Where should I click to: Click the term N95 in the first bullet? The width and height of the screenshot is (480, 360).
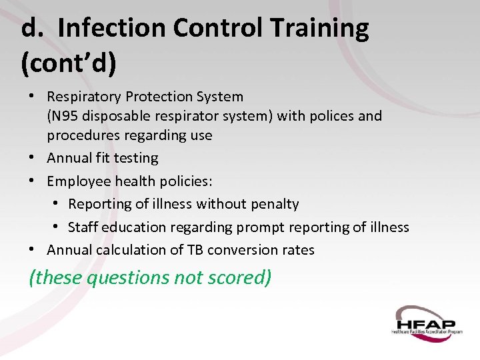pyautogui.click(x=63, y=116)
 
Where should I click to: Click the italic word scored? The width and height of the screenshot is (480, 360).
pyautogui.click(x=243, y=277)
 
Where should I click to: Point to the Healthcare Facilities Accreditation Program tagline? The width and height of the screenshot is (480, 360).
pyautogui.click(x=427, y=331)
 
